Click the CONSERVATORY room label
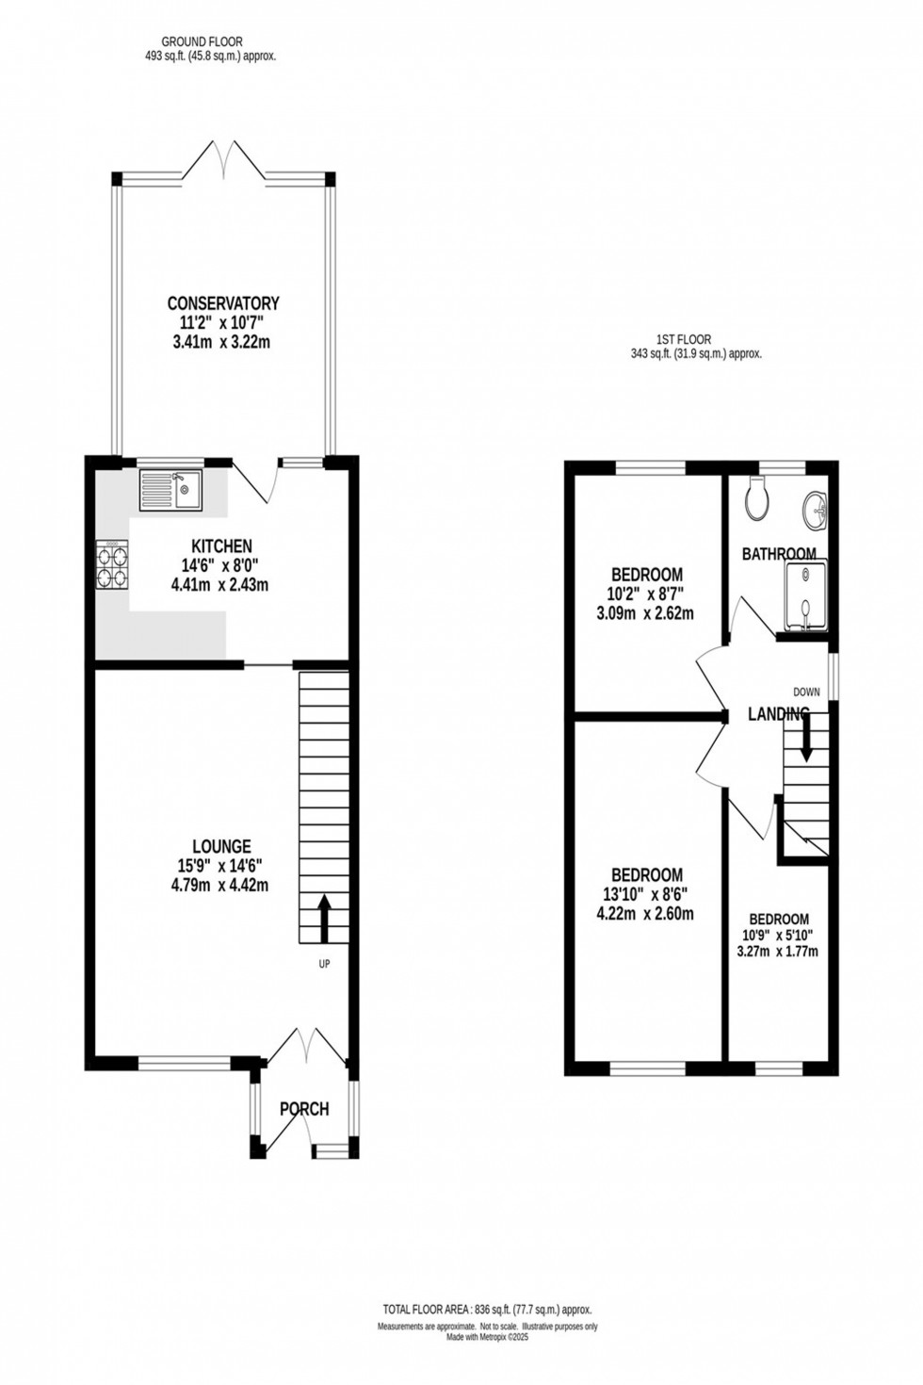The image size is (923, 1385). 223,303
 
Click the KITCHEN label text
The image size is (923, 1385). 221,546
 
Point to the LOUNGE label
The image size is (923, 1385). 221,847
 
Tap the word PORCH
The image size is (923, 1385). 304,1109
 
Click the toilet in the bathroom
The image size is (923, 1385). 757,498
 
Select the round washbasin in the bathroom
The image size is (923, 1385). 816,510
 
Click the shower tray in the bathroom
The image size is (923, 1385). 805,595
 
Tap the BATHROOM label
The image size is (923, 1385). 779,554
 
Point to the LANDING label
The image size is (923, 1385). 778,714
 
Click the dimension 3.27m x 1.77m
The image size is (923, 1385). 777,952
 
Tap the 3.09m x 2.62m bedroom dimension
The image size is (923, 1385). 645,613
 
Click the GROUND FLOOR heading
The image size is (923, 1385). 202,41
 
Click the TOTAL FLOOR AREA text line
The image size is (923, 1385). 487,1310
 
